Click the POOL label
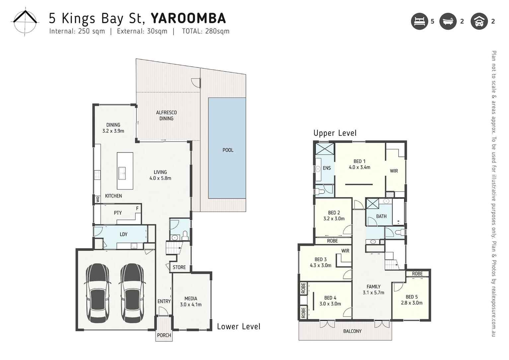click(228, 150)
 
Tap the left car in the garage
click(98, 293)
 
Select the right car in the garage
click(132, 293)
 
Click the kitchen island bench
click(125, 171)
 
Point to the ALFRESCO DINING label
click(166, 115)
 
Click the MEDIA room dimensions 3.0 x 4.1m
click(191, 305)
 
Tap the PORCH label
click(164, 335)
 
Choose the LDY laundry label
click(123, 234)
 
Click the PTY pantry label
click(118, 213)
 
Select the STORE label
click(179, 267)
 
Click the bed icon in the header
click(419, 21)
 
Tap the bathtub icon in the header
click(448, 21)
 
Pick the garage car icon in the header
click(479, 21)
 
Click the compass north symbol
click(25, 22)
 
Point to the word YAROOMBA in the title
click(188, 18)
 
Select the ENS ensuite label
click(327, 168)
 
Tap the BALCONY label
click(352, 331)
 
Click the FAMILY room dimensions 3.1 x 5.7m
click(373, 293)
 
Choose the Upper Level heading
click(335, 133)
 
